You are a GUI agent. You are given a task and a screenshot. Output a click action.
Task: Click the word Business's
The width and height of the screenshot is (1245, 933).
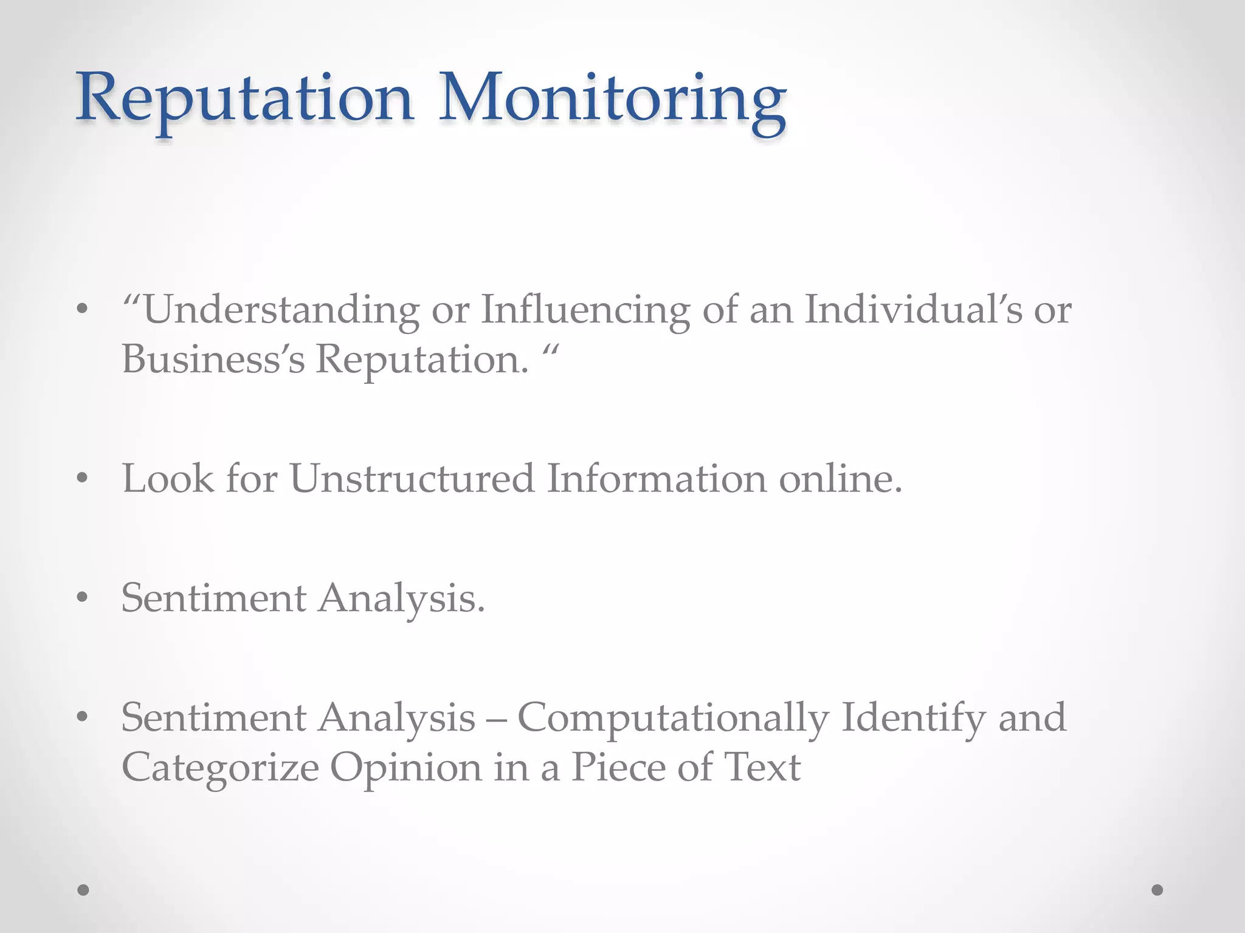(213, 359)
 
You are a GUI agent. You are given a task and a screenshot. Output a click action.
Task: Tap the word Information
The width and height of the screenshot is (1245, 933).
(657, 479)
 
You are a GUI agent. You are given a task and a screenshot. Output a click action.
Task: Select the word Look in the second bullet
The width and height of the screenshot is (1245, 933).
(168, 479)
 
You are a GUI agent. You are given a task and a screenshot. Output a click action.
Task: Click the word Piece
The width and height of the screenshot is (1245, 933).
(618, 768)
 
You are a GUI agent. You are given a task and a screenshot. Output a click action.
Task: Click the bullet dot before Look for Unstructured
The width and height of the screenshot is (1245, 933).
(83, 479)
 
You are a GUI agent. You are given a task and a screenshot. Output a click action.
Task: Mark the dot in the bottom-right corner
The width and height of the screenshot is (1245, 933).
(1157, 890)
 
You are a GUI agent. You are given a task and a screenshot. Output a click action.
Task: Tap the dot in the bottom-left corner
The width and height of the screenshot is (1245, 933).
(83, 890)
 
